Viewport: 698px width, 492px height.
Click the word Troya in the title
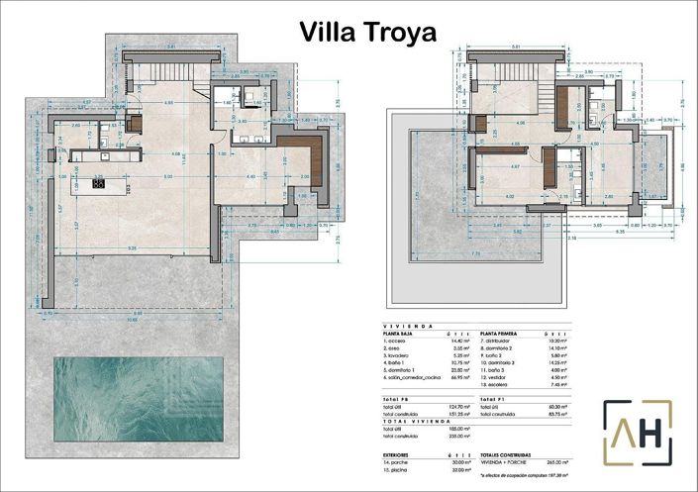(402, 32)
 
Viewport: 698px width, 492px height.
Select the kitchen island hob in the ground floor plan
(99, 183)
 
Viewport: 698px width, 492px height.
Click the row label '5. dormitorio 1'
(402, 369)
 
